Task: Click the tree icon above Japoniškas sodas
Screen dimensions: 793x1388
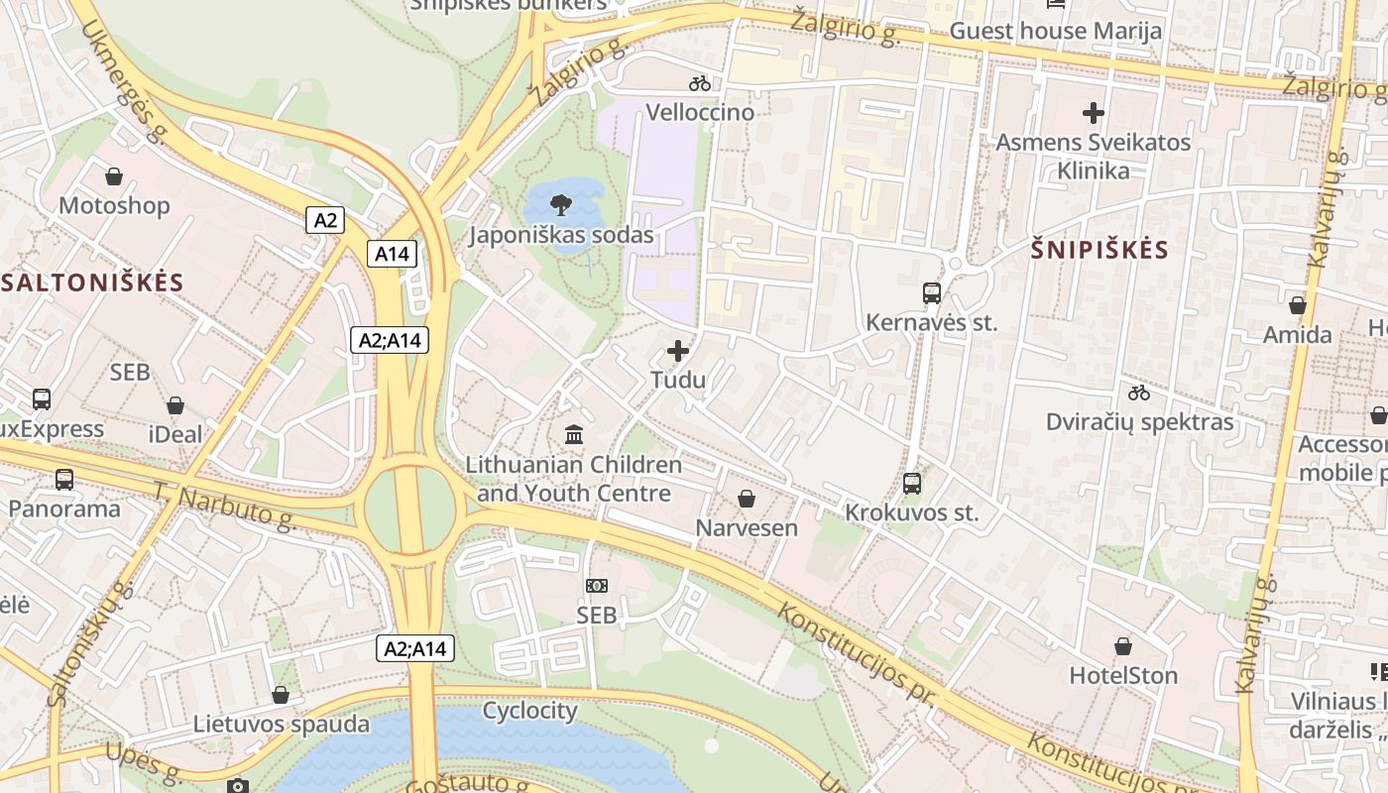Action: pos(560,205)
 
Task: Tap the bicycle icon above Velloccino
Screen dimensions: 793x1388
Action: pos(700,83)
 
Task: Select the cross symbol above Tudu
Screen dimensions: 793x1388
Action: pos(678,351)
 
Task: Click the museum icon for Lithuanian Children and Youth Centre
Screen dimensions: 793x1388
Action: pos(574,434)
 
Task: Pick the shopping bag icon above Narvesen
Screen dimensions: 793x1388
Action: pos(747,499)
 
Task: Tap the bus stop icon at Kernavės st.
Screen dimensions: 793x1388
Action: pos(932,293)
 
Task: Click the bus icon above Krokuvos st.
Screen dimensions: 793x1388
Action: pos(912,484)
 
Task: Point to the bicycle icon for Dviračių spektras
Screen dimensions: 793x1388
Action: pos(1139,393)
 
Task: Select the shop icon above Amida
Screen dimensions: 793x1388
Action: pos(1297,305)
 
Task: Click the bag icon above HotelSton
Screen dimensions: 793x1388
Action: pos(1123,646)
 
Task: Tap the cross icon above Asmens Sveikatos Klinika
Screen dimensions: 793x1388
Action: pos(1093,113)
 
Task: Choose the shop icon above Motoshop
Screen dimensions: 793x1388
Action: pos(114,176)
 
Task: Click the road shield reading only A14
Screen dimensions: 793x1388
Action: pos(392,254)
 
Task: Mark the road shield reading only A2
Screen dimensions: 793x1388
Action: pos(325,220)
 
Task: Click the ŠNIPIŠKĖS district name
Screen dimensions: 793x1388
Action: pos(1099,250)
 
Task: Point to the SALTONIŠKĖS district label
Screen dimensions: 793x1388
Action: pos(92,283)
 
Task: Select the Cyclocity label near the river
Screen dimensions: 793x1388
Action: pos(529,711)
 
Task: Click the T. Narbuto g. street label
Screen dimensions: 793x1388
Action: pos(225,506)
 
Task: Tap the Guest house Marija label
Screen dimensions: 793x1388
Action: pos(1055,31)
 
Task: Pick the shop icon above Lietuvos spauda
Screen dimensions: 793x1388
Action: pos(281,695)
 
